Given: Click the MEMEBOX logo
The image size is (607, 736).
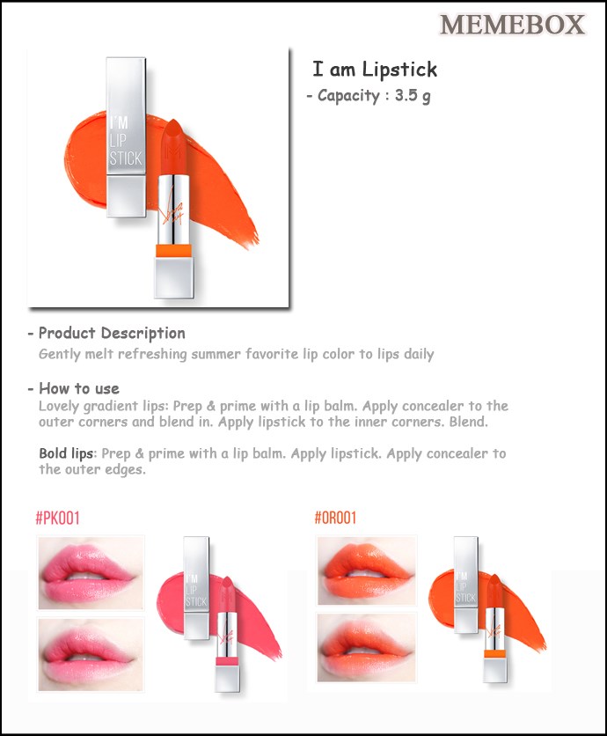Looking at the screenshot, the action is coord(512,25).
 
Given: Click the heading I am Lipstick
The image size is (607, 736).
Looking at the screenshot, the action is coord(375,70).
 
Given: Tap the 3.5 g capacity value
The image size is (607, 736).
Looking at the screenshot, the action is coord(413,96).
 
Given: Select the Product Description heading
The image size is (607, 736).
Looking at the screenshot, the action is coord(112,333).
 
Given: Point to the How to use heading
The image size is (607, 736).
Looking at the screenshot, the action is coord(79,388).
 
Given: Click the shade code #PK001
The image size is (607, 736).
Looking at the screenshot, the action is coord(58,519).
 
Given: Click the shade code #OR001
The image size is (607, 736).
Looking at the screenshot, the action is coord(335,518).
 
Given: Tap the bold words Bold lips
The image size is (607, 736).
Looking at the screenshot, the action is coord(66,453).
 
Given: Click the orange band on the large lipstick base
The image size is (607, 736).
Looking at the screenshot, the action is coord(173,250).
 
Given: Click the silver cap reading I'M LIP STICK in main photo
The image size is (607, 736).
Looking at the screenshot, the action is coord(126,136).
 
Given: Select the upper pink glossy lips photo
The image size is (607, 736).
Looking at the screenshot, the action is coord(91,573).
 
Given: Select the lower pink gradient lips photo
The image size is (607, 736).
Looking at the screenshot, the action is coord(91,654).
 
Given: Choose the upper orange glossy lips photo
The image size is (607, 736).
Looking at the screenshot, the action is coord(367,570).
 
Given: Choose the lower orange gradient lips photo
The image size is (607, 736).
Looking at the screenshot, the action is coord(367,648).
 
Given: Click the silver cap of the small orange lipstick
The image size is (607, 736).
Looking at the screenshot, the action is coord(466,585).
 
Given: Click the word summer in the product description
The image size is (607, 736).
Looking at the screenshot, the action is coord(216,354).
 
